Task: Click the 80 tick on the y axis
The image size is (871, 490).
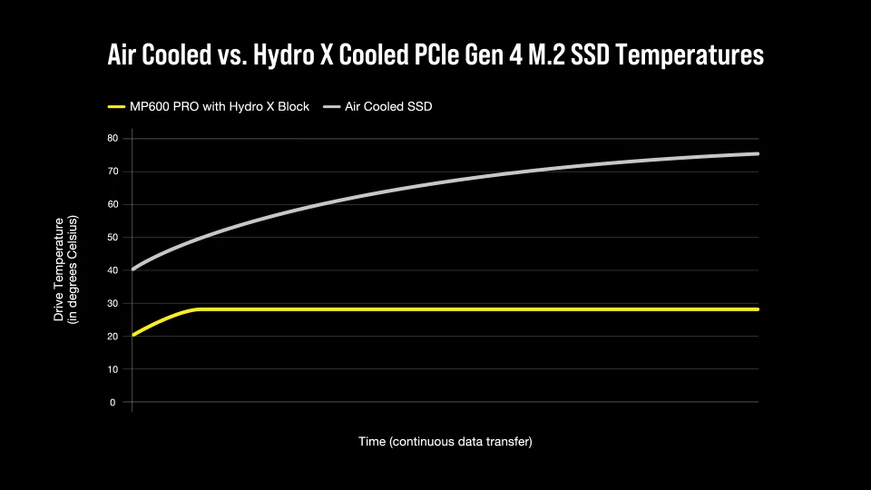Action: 112,138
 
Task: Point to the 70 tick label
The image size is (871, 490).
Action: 112,171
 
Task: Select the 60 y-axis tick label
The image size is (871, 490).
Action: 112,204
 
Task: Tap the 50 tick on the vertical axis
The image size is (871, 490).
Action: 112,238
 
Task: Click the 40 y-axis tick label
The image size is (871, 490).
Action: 112,270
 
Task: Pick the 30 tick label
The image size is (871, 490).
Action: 112,303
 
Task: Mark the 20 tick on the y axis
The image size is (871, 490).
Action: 112,337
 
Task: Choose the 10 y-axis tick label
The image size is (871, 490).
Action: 112,369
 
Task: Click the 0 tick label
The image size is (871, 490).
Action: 114,402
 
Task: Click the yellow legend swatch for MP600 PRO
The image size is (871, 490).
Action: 116,107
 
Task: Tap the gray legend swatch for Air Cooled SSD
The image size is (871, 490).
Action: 331,107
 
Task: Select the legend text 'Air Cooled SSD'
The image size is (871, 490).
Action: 389,107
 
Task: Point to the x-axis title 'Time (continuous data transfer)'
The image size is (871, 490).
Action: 445,442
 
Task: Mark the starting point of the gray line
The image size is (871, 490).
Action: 133,269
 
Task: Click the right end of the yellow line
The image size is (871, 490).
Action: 758,309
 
